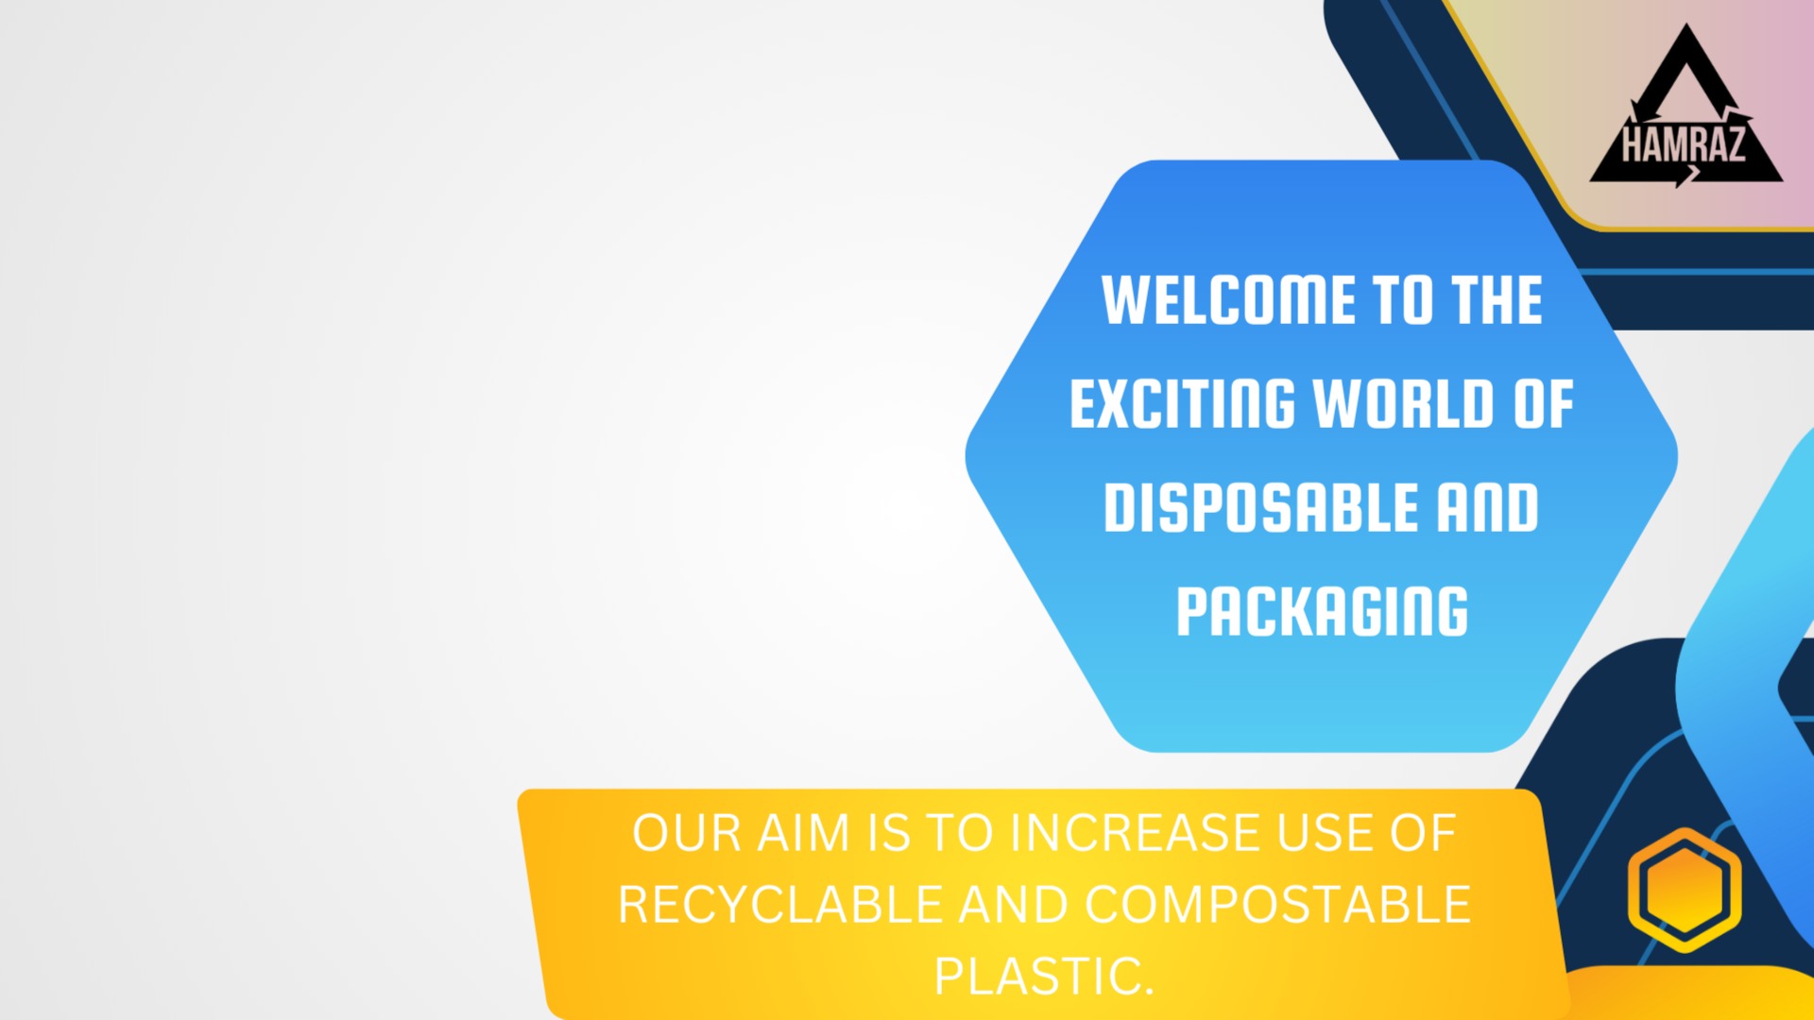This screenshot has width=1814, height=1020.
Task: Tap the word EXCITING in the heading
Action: [1183, 404]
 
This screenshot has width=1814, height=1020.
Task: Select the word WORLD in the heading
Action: [1403, 404]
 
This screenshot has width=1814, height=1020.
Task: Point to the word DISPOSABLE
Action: [1260, 508]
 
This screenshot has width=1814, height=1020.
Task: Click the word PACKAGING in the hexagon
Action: [1322, 612]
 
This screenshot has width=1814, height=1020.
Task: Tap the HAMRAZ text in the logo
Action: [1683, 145]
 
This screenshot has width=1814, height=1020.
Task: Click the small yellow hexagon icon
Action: [1685, 890]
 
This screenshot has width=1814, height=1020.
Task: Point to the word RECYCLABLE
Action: [780, 905]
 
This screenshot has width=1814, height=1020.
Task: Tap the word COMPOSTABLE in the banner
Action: [1278, 905]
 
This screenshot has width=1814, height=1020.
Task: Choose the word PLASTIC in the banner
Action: [1044, 977]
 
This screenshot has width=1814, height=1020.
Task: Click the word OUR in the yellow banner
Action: [687, 833]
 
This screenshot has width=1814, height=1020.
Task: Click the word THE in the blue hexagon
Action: [1497, 300]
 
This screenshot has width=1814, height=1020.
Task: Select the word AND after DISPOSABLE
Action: [1488, 508]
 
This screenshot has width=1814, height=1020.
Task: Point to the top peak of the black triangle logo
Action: [1686, 25]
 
